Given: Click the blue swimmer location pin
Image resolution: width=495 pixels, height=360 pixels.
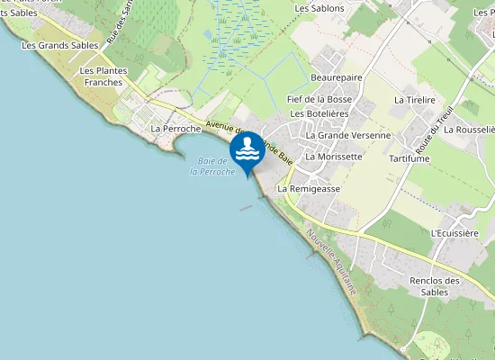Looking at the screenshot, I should [x=247, y=151].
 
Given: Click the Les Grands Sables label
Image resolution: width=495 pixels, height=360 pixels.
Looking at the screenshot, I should [x=60, y=44].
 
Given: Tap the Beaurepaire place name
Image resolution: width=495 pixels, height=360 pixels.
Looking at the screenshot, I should [x=336, y=77].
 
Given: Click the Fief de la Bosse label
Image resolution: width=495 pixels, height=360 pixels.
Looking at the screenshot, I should [x=319, y=98].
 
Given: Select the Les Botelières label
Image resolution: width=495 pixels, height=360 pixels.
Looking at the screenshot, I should [x=319, y=115].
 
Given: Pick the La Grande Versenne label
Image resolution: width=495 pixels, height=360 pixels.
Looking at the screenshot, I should [x=348, y=135].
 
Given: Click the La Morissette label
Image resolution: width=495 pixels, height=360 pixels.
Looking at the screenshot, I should [x=334, y=156].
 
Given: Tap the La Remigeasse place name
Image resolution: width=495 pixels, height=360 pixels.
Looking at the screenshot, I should [x=309, y=189].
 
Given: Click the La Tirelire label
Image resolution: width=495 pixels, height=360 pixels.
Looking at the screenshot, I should [x=415, y=100].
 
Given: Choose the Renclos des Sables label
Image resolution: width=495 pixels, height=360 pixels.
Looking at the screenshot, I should [x=435, y=286].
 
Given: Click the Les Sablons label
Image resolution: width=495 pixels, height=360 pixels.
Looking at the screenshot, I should [x=319, y=8].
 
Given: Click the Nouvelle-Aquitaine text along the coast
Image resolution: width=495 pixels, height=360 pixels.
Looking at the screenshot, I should [x=330, y=262].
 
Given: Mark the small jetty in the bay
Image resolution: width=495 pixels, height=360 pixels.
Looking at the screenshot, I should [x=246, y=208].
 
